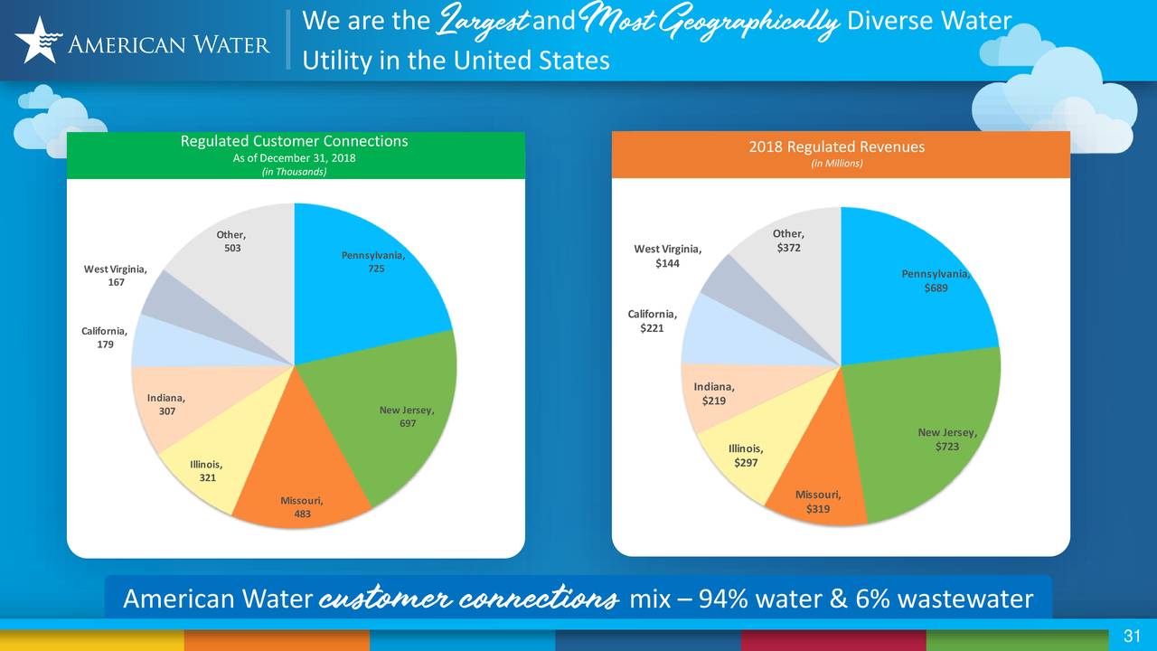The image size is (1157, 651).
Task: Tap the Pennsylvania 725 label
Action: coord(373,262)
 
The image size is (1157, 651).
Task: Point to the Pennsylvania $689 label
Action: coord(936,281)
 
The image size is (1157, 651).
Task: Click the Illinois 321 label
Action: coord(206,471)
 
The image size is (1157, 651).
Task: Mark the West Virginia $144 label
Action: coord(667,256)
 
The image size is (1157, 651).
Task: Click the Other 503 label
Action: coord(231,241)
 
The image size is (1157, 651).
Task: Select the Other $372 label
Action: coord(788,241)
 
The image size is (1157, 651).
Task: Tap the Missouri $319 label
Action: coord(818,502)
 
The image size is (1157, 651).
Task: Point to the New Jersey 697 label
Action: coord(407,418)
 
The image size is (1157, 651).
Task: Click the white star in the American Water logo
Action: coord(36,40)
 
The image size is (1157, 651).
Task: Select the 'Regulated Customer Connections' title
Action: coord(294,141)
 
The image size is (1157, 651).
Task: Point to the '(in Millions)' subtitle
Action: coord(836,164)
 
